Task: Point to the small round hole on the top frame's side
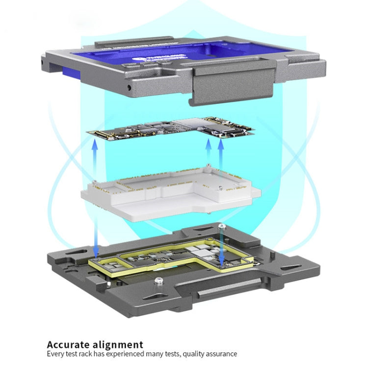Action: point(129,87)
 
